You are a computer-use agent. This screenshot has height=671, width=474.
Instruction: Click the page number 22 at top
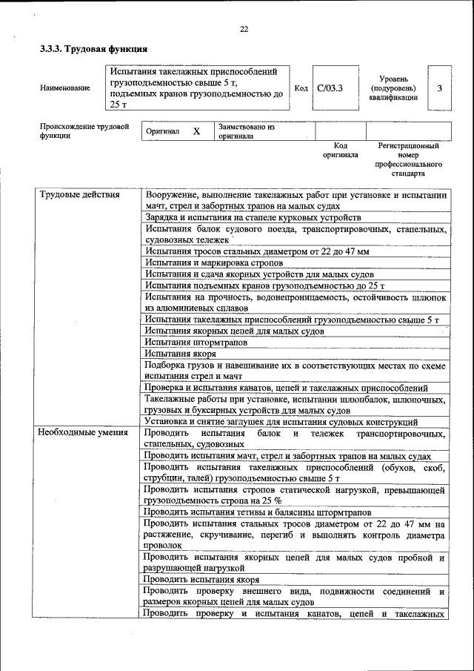click(x=244, y=29)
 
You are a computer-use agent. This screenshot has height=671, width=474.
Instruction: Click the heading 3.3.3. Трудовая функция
click(x=93, y=50)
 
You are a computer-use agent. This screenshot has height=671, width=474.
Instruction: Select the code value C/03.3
click(x=330, y=88)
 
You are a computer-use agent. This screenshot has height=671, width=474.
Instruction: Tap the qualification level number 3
click(x=439, y=88)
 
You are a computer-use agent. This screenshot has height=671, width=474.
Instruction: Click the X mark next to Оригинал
click(x=196, y=131)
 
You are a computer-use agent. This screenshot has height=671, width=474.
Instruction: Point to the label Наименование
click(x=65, y=88)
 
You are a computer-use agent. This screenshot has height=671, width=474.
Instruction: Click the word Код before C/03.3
click(x=301, y=88)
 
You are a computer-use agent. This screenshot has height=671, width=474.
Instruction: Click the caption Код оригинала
click(x=340, y=151)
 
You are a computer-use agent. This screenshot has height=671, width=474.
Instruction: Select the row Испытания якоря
click(x=176, y=354)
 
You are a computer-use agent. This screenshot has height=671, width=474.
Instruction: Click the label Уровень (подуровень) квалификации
click(x=393, y=88)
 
